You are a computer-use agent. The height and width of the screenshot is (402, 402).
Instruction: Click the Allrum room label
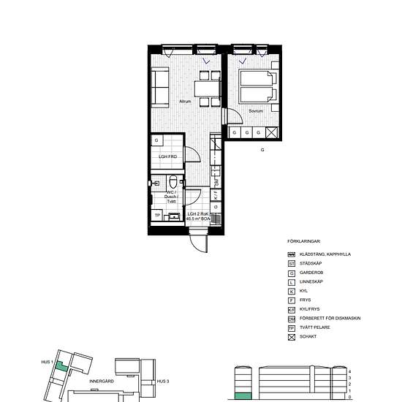pos(186,102)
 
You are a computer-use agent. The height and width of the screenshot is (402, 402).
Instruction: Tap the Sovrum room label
pos(255,111)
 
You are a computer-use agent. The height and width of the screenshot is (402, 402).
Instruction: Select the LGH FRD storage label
pos(168,157)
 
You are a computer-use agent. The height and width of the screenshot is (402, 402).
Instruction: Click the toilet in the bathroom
pos(171,183)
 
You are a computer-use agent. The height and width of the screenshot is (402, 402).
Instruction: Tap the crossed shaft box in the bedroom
pos(271,132)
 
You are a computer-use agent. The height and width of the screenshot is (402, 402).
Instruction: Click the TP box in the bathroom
pos(157,215)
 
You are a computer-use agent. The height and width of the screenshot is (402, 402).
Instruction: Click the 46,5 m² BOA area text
pos(199,219)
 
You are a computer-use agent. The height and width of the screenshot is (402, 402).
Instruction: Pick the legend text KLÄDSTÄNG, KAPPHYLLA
pos(330,254)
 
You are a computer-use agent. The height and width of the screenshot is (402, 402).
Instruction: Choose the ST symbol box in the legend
pos(291,263)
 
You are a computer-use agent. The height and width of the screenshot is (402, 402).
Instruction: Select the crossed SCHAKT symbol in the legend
pos(291,336)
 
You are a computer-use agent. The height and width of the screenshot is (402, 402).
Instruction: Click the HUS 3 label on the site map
pos(163,382)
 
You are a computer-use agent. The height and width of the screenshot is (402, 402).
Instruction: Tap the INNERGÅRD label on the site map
pos(99,381)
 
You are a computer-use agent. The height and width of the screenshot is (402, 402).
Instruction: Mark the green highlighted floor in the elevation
pos(243,397)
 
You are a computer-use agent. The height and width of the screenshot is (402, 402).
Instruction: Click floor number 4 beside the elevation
pos(350,371)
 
